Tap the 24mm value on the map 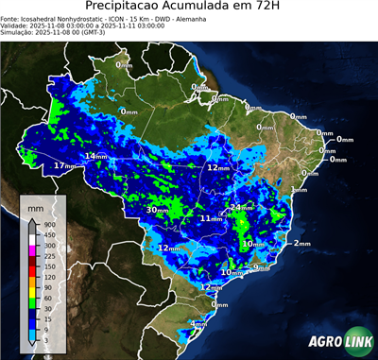click(242, 207)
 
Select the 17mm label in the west click(64, 166)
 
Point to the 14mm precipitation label click(97, 156)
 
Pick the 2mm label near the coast click(301, 244)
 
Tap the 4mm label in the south click(198, 324)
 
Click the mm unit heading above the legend click(34, 206)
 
